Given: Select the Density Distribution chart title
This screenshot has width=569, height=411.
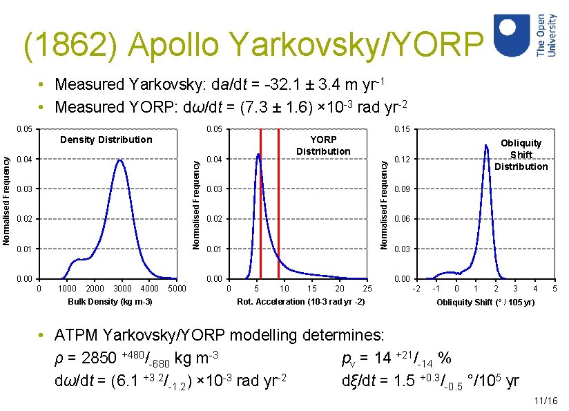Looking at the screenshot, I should pos(106,140).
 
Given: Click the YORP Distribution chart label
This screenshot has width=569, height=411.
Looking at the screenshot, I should pos(323,145).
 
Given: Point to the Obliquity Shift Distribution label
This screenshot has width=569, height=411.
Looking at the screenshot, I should pos(521,155).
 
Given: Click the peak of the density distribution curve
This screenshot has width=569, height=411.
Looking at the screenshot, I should pos(120,160).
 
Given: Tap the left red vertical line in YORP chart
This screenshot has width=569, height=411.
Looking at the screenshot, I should pos(260,207).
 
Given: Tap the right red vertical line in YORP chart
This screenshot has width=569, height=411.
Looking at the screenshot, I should pos(278,207).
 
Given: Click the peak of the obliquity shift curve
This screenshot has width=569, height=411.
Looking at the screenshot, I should pos(486,145).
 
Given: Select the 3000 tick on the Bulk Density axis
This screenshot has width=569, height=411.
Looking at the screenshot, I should pos(122,289).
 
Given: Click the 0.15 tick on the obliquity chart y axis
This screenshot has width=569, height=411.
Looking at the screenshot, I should pos(401,129).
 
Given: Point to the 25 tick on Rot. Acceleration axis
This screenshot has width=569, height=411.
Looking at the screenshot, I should pos(367,289).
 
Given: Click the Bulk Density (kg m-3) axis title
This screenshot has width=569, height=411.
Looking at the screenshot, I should pos(110,302).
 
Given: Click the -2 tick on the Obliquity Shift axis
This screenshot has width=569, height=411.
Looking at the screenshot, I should pos(416,289).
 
